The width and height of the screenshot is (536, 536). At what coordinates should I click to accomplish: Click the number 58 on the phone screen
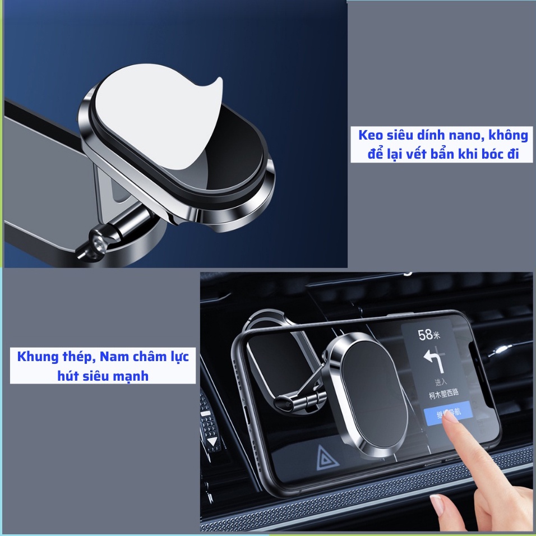click(x=426, y=335)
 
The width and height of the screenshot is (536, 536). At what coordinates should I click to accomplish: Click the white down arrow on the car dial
click(x=212, y=441)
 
